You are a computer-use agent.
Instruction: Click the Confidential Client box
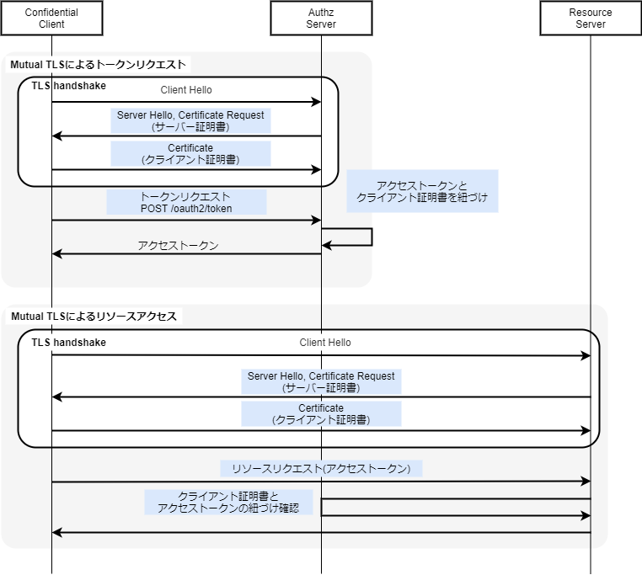tap(51, 19)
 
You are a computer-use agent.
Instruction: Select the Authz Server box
tap(321, 19)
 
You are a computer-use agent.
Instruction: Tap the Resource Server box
tap(591, 19)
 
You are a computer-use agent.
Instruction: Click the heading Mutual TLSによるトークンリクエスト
tap(98, 64)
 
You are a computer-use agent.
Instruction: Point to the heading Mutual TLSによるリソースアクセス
tap(94, 317)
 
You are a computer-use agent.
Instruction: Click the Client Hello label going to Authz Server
tap(186, 90)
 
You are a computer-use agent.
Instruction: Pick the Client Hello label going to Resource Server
tap(325, 343)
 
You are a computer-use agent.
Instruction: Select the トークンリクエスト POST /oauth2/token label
tap(186, 202)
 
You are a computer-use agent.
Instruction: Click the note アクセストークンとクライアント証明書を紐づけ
tap(422, 191)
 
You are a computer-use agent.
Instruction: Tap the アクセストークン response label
tap(178, 246)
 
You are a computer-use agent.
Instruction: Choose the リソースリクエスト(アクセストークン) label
tap(321, 469)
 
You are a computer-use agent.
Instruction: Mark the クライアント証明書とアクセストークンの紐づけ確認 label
tap(228, 503)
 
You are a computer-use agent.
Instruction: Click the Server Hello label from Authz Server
tap(190, 120)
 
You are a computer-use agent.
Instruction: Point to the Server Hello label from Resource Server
tap(321, 381)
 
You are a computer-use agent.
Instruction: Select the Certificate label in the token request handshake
tap(190, 153)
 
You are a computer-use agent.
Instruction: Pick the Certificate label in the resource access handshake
tap(321, 413)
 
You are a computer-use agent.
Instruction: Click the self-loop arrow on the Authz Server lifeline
tap(371, 237)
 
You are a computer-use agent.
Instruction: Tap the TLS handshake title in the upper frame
tap(69, 86)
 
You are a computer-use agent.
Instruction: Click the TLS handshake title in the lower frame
tap(69, 343)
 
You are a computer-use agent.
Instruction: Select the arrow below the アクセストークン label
tap(186, 254)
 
